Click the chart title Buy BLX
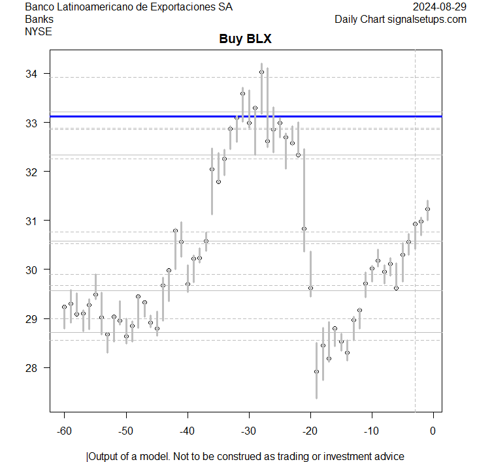point(245,39)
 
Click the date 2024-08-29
point(440,7)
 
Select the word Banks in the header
point(39,19)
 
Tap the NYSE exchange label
point(39,31)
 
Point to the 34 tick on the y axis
point(33,74)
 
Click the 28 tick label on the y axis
point(33,367)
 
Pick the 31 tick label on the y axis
point(33,221)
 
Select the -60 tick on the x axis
point(65,431)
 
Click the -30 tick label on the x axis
point(249,431)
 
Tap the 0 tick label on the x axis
point(433,431)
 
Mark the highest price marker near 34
point(261,72)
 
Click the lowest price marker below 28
point(316,371)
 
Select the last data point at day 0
point(427,209)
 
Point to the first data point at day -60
point(64,307)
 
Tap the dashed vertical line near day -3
point(415,261)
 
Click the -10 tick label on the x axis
point(372,431)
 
